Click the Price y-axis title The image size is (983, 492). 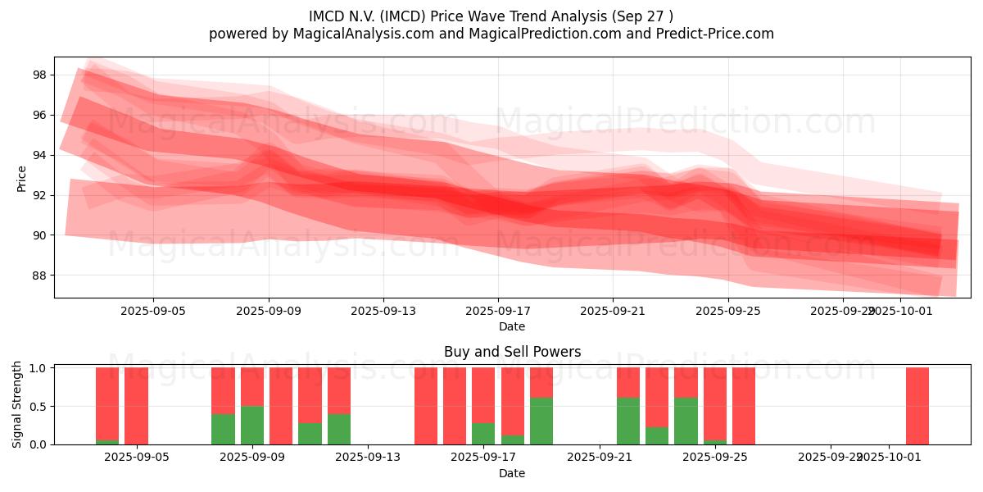[x=22, y=178]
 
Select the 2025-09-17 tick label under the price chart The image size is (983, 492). [x=497, y=312]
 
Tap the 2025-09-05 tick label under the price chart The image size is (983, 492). [x=153, y=312]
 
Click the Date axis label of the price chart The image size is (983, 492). [x=512, y=326]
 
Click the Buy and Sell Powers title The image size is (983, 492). [x=512, y=352]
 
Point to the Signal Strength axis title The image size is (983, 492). [x=17, y=405]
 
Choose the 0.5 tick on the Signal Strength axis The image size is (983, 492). [x=39, y=406]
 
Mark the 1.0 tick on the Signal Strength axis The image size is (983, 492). [x=39, y=368]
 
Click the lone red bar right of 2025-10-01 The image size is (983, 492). [x=917, y=406]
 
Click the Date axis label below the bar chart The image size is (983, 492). [x=512, y=473]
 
